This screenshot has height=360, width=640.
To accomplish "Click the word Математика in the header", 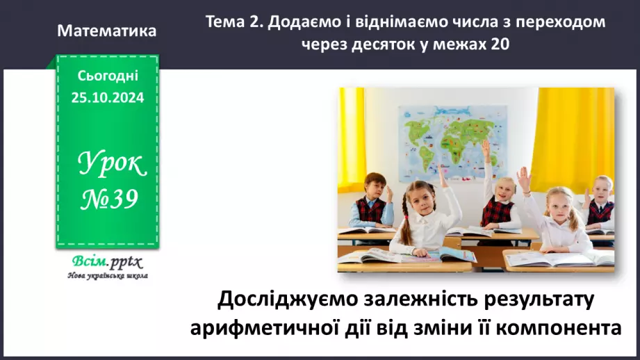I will click(106, 31).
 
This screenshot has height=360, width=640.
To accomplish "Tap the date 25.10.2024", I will click(107, 98).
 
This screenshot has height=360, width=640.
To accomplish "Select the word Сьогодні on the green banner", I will click(108, 76).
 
